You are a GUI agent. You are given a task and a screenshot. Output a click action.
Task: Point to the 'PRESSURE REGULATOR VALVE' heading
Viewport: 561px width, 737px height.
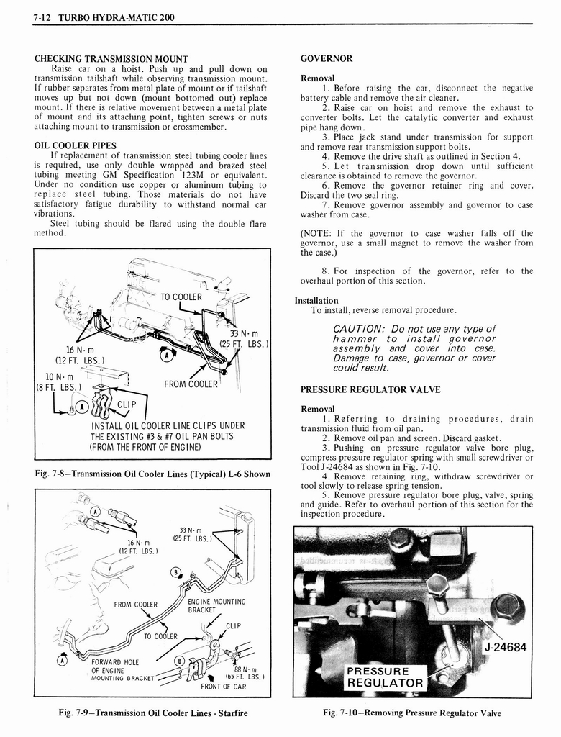click(x=370, y=390)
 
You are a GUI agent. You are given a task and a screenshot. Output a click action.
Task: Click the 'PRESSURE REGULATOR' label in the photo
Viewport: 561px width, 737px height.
click(x=385, y=677)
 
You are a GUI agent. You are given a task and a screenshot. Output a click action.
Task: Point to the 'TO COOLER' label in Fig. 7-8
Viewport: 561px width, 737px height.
click(x=181, y=297)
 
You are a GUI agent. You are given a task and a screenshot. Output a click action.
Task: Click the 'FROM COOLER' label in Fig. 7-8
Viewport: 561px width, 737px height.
click(x=190, y=384)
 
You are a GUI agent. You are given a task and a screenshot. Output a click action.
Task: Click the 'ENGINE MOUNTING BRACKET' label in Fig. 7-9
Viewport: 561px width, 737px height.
click(x=216, y=605)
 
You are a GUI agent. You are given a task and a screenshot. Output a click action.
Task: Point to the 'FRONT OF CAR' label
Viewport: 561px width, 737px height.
click(x=223, y=687)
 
